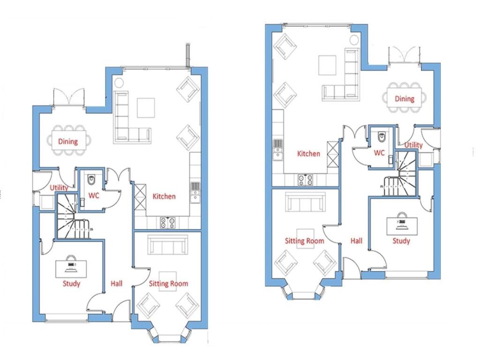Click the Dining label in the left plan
pos(67,141)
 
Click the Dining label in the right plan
pos(404,99)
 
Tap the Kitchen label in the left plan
pos(164,196)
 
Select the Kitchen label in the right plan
pos(308,153)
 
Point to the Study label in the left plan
pos(71,284)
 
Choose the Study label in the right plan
pos(401,241)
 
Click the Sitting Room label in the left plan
pos(168,284)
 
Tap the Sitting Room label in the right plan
pos(305,241)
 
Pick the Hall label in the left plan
pos(116,284)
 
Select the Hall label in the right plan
pos(356,241)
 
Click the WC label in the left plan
pos(94,196)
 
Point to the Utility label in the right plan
pos(413,145)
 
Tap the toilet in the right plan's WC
pos(382,137)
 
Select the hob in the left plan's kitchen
pos(168,223)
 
